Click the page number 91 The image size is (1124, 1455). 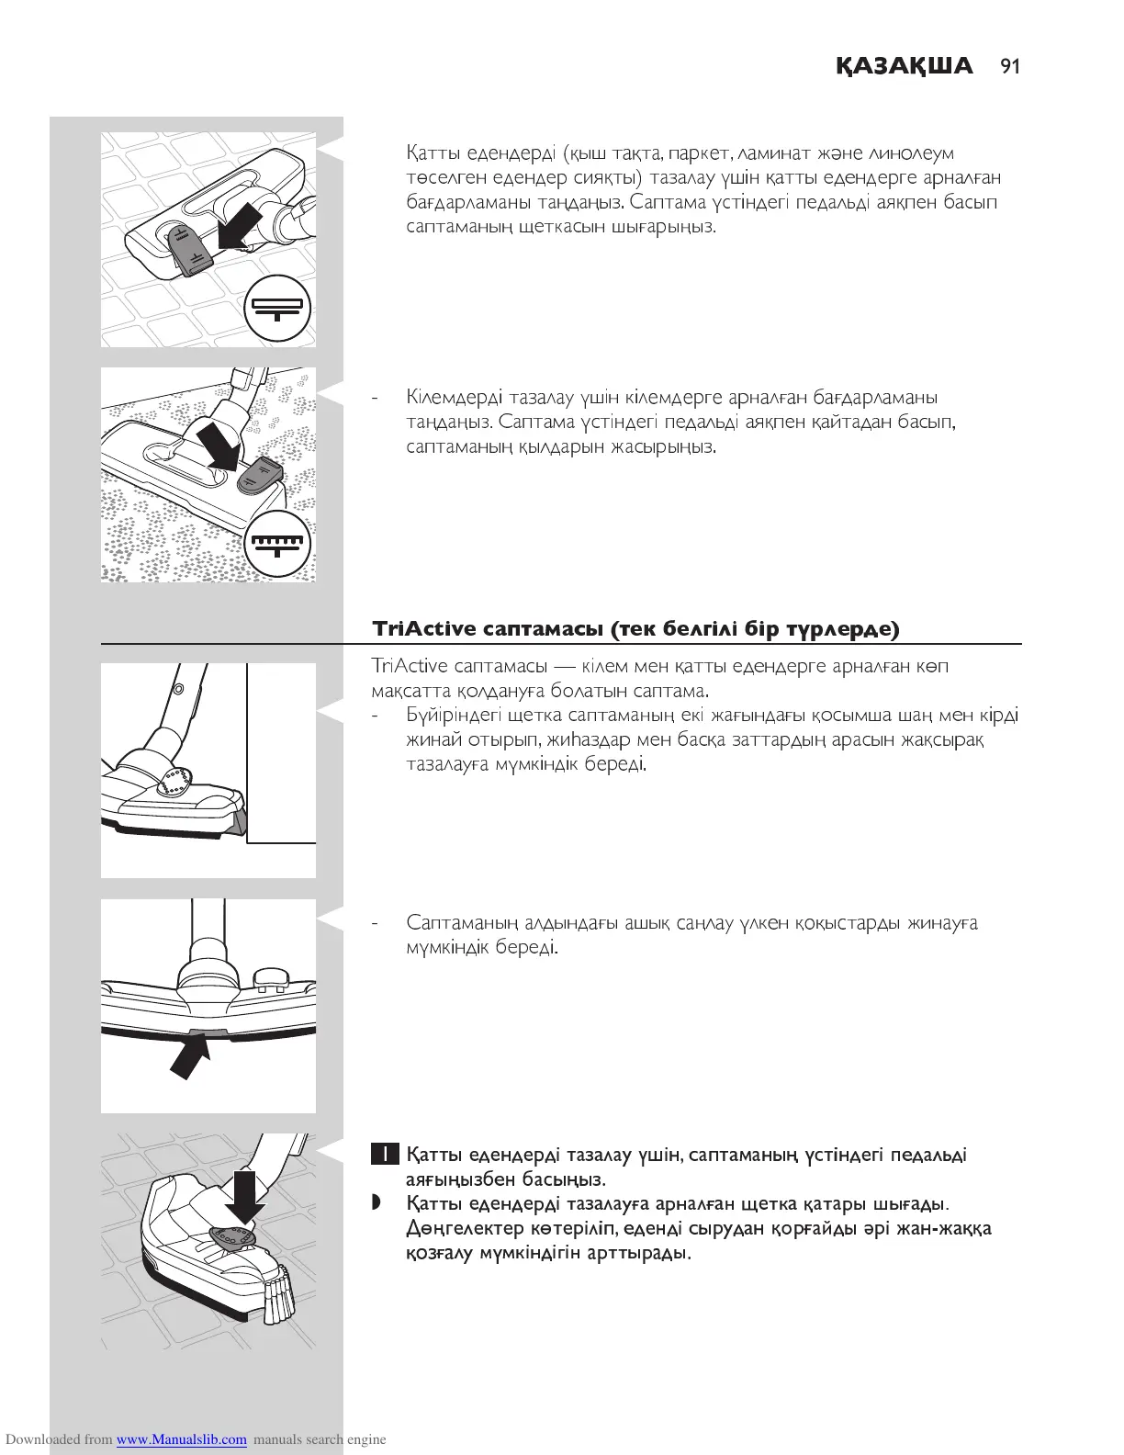coord(1010,66)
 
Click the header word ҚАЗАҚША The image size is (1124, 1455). coord(904,66)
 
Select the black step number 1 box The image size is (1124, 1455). coord(385,1155)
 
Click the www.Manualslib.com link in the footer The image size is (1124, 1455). coord(181,1439)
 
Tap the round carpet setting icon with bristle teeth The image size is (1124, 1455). coord(279,544)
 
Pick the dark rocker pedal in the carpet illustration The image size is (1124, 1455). coord(259,475)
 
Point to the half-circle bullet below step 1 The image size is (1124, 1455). coord(376,1203)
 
